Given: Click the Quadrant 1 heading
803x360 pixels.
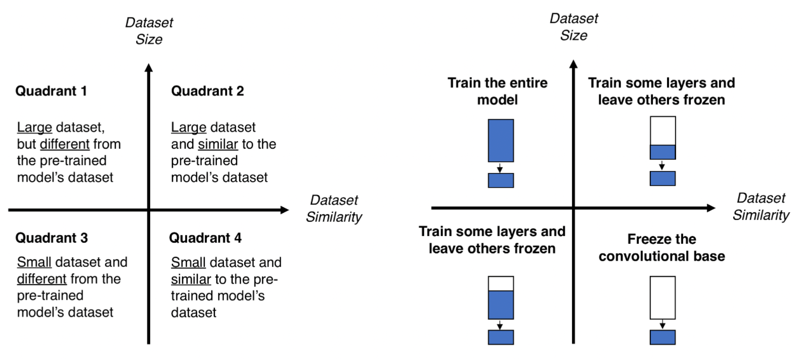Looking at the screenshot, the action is tap(51, 91).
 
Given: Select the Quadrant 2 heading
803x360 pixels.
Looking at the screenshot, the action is tap(207, 91).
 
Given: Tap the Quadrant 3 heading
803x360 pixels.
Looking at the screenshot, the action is tap(52, 238).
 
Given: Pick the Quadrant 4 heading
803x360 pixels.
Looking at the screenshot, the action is tap(205, 238).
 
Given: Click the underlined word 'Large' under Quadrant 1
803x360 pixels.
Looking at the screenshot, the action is tap(34, 127).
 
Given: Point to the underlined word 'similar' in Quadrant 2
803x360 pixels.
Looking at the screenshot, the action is tap(218, 144).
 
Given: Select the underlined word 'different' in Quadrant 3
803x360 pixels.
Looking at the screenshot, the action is tap(41, 279).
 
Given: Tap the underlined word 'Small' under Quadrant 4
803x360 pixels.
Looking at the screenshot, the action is tap(188, 262).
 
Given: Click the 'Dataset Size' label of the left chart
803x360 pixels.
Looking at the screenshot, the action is tap(149, 31).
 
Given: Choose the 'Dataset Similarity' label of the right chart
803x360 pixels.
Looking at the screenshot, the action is tap(761, 206).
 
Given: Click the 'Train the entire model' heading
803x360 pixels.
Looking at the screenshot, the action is tap(498, 91).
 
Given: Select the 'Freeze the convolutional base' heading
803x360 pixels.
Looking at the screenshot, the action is tap(662, 247).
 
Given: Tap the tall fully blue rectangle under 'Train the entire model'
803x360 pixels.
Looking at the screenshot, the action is tap(501, 141).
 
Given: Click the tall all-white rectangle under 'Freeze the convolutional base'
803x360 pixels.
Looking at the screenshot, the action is tap(663, 298).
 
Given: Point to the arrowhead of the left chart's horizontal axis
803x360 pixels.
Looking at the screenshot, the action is tap(285, 210).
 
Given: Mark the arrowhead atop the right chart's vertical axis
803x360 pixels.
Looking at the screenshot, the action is tap(573, 64).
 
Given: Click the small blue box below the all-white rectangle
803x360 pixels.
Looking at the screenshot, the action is tap(663, 337).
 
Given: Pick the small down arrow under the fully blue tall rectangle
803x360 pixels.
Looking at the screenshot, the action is tap(500, 168).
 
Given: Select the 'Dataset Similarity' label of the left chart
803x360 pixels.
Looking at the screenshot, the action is tap(334, 209).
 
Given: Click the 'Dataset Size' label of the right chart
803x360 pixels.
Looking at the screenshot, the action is tap(574, 27).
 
